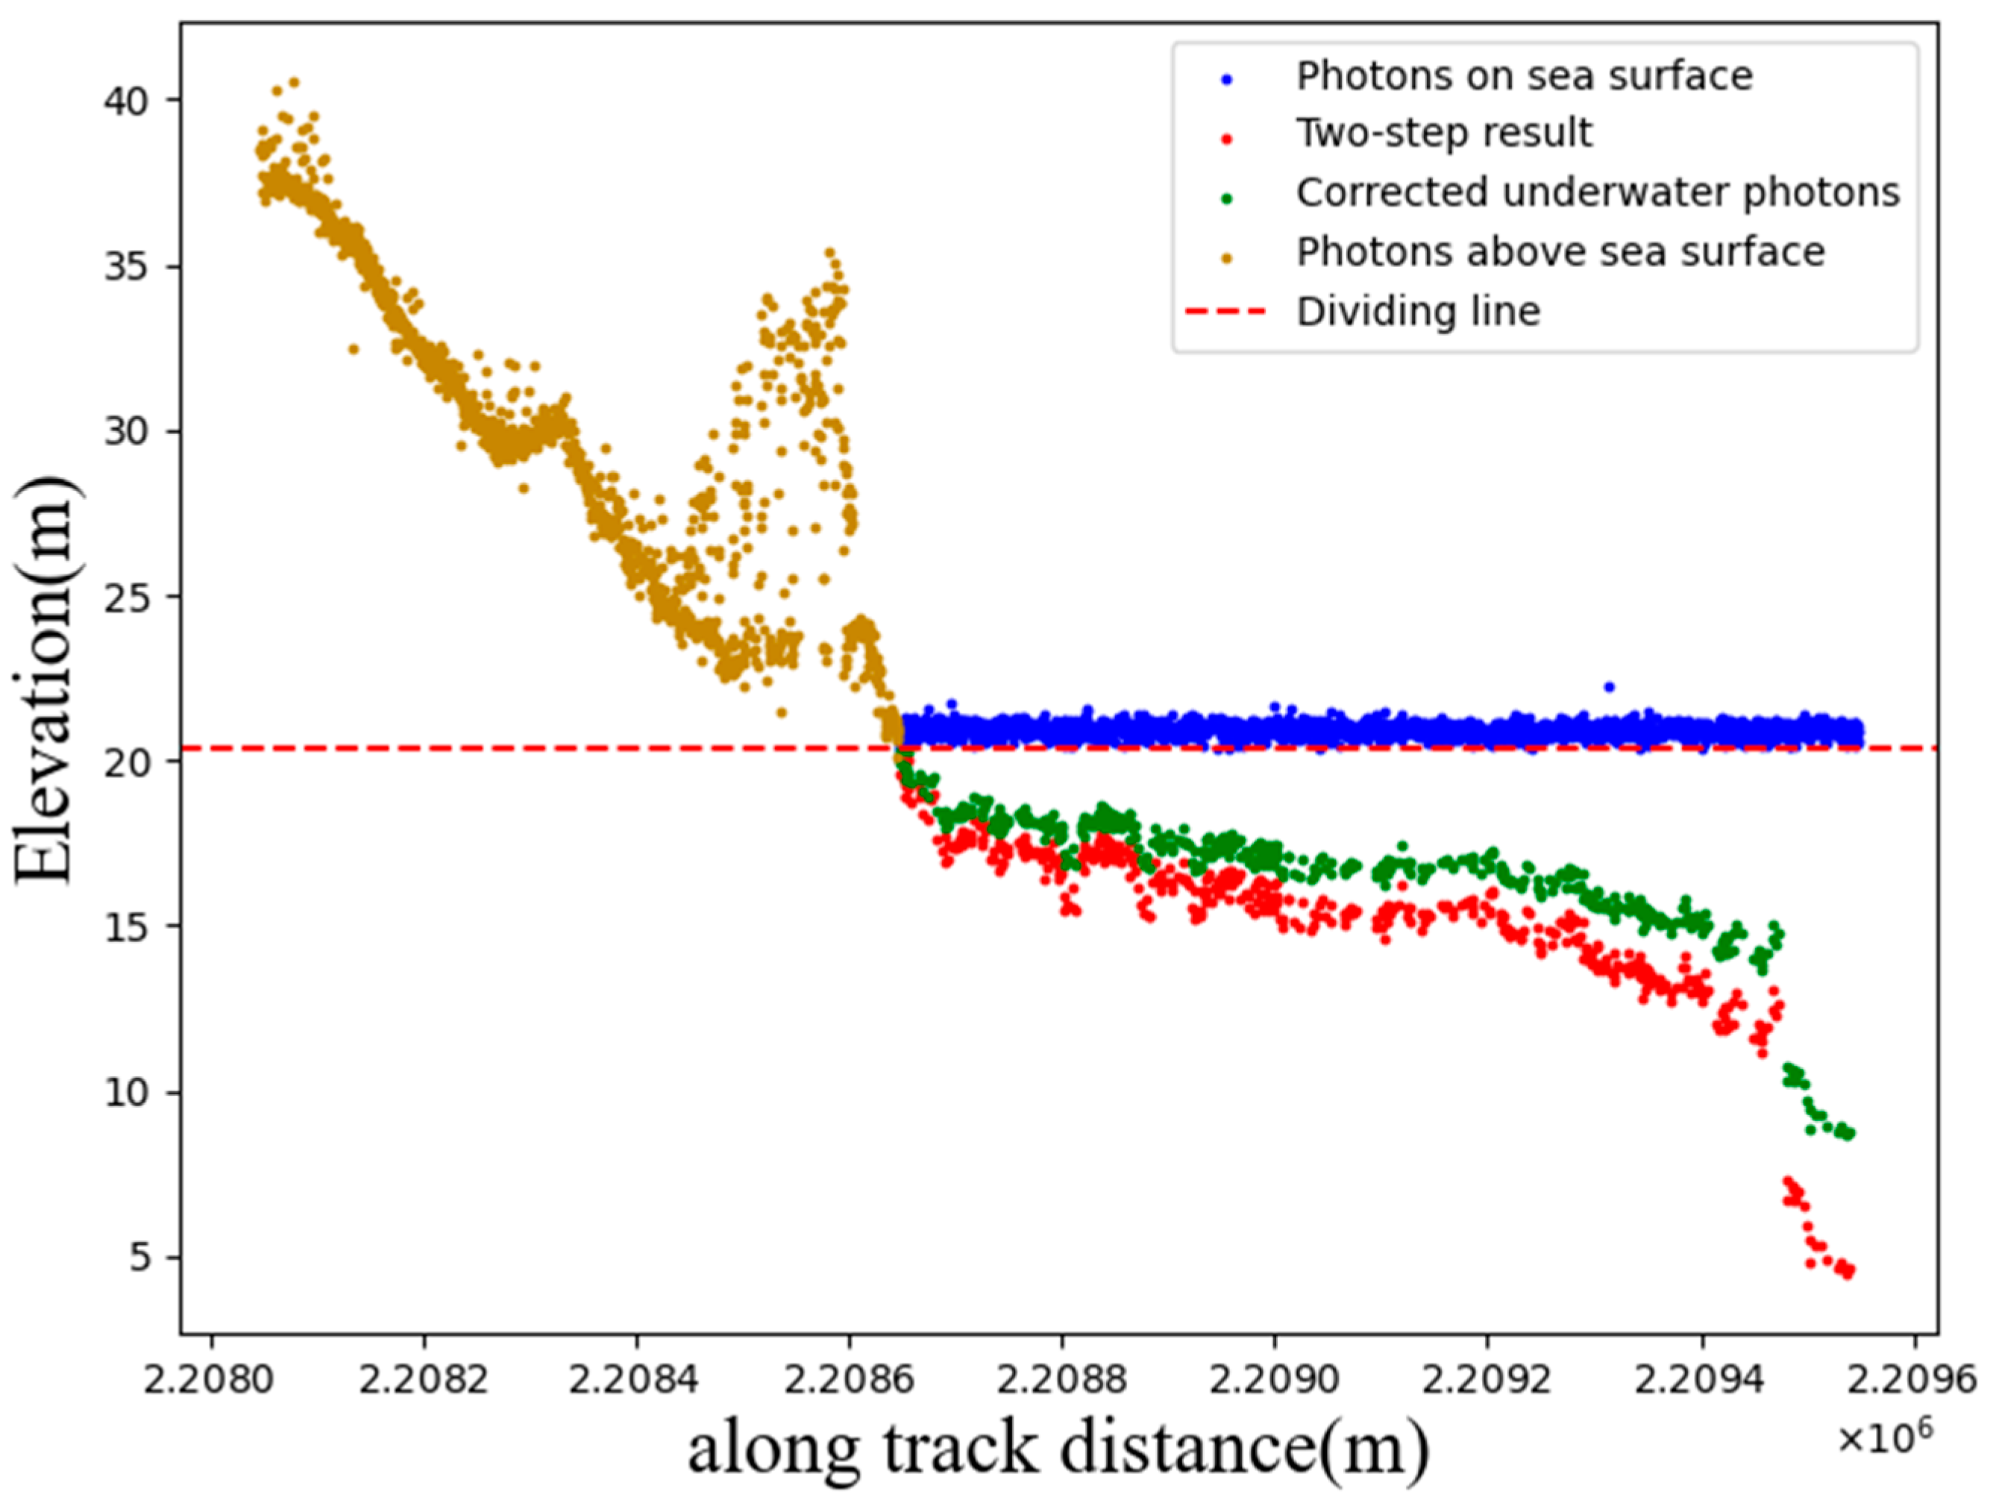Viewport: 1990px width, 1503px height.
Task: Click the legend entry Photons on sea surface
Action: point(1524,76)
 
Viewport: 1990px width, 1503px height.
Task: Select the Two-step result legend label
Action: point(1444,133)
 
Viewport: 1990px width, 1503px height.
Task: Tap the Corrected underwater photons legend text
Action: point(1598,192)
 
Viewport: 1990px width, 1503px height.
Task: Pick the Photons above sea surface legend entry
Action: point(1560,252)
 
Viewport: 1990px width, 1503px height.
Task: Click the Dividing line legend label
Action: point(1418,312)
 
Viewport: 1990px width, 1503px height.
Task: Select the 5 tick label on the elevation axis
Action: point(141,1258)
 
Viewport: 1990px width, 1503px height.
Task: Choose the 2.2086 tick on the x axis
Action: point(847,1380)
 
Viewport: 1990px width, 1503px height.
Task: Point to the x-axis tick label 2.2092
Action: point(1487,1380)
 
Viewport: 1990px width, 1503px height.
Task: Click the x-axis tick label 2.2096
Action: point(1912,1380)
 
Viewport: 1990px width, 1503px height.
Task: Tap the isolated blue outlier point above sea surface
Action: point(1610,687)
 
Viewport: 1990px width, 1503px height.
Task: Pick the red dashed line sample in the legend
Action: point(1225,312)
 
